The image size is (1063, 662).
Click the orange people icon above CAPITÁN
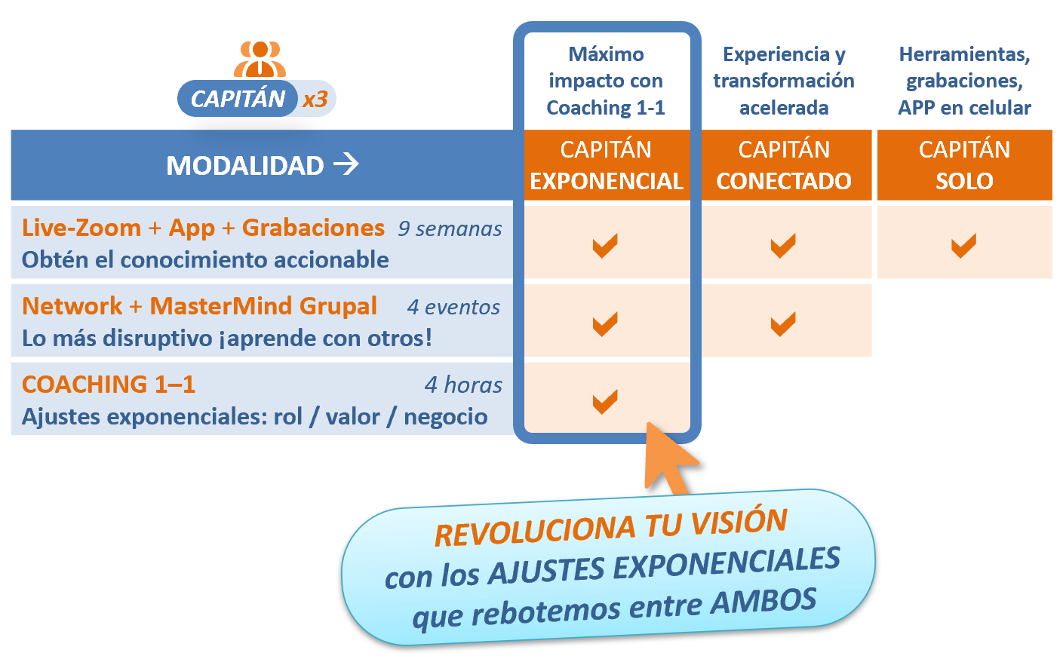pos(260,59)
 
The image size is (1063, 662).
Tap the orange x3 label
pos(315,99)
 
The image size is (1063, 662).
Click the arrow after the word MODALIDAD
pos(346,164)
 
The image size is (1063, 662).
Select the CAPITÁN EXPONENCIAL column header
pos(607,165)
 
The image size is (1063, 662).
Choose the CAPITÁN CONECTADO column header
pos(784,165)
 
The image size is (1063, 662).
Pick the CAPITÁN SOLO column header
pos(964,165)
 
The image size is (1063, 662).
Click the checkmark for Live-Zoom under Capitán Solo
pos(963,246)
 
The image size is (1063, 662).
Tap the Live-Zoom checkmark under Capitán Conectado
pos(783,246)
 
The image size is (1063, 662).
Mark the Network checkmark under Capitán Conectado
pos(783,324)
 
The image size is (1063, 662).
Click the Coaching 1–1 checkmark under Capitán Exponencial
pos(605,401)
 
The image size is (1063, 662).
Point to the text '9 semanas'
pos(450,228)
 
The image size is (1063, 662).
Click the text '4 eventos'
pos(453,307)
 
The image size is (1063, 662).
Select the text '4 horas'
pos(463,385)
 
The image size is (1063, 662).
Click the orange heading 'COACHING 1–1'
pos(109,385)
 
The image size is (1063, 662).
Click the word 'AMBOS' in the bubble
pos(763,601)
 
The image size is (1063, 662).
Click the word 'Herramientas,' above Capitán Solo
pos(964,54)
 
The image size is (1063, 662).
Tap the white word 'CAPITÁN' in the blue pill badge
pos(238,99)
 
